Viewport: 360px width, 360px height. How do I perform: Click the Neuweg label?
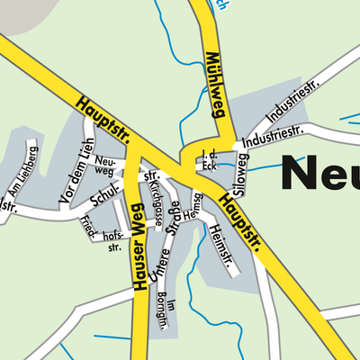tap(104, 163)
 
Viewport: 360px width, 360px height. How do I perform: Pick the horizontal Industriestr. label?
tap(274, 140)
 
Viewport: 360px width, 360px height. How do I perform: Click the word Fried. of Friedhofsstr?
tap(88, 220)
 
